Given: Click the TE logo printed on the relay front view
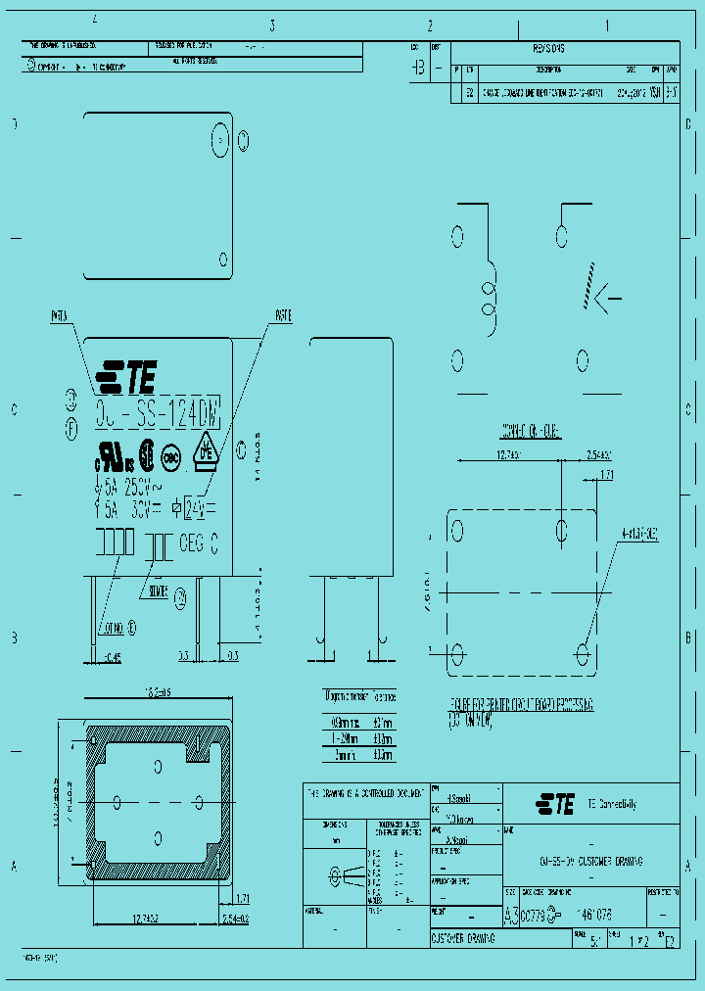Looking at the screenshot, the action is (x=126, y=373).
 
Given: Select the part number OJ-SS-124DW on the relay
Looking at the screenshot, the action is (x=157, y=411).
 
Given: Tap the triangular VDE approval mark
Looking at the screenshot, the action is (x=206, y=449).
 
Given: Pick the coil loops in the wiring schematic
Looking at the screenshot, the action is (x=488, y=300).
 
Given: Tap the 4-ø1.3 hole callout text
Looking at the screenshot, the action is (x=638, y=535).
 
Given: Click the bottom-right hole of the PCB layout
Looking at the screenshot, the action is (x=585, y=652).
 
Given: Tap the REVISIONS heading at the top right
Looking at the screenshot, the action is (x=550, y=48).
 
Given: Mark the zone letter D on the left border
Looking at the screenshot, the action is (x=14, y=124).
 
